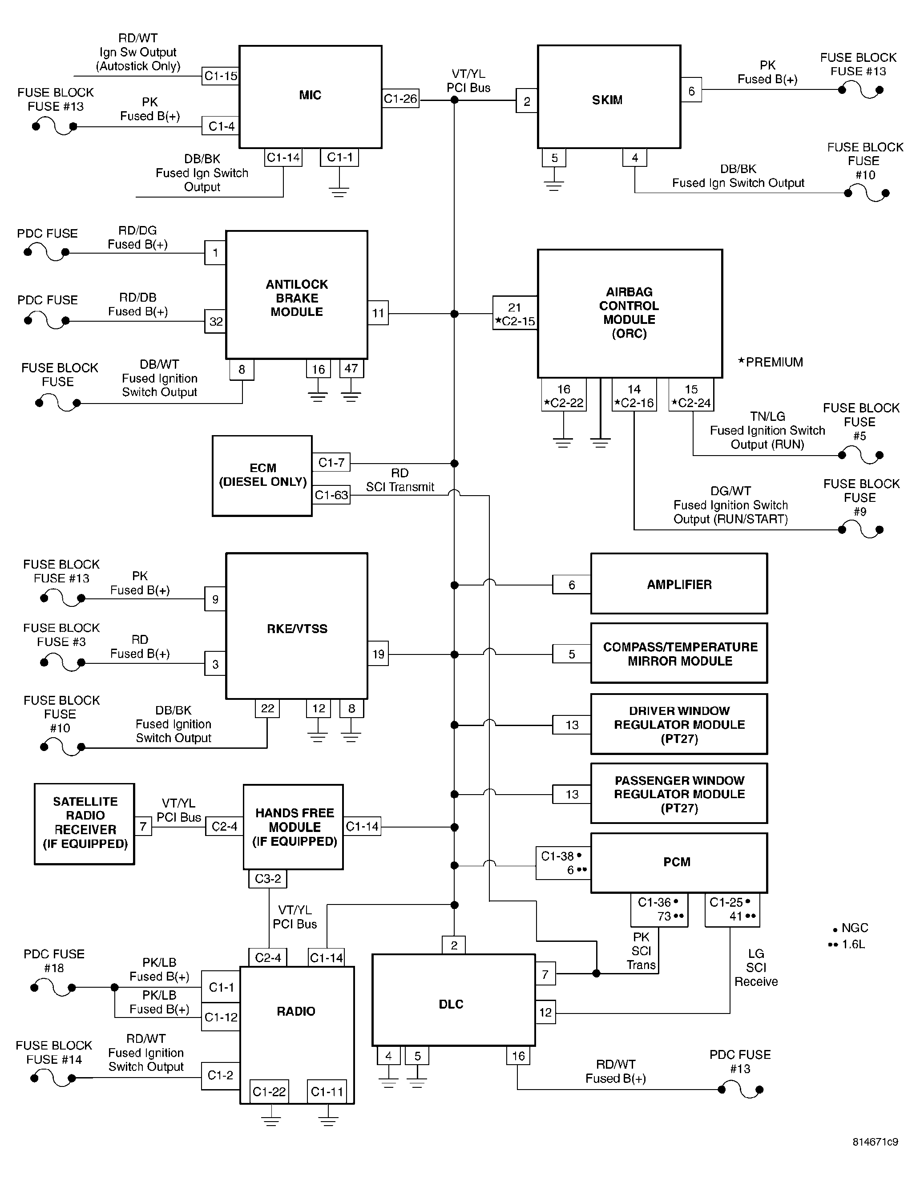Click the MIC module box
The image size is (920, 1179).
click(311, 97)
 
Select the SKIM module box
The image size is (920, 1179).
click(609, 97)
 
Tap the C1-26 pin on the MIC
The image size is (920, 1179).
click(401, 99)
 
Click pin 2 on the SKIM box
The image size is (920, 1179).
click(527, 101)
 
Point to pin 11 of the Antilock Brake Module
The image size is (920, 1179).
click(378, 313)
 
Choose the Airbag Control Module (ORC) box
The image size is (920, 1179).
click(630, 314)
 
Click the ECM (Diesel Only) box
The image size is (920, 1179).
click(262, 476)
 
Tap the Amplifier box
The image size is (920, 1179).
click(679, 584)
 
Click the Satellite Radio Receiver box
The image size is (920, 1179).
click(85, 824)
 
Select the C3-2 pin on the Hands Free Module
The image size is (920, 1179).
click(268, 878)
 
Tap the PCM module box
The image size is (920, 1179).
click(679, 863)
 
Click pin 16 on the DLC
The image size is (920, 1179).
click(518, 1056)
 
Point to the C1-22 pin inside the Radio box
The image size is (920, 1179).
click(269, 1091)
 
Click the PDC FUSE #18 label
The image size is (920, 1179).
click(54, 961)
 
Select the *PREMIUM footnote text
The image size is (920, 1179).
click(771, 362)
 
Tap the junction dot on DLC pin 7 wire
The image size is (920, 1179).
click(596, 973)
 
